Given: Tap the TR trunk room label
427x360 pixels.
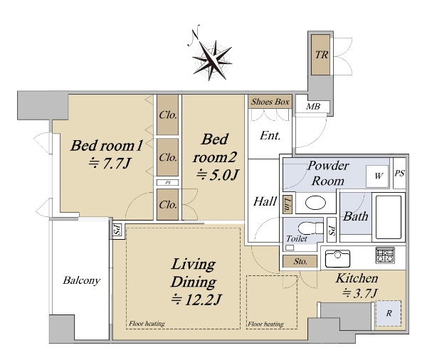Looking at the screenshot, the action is [x=322, y=55].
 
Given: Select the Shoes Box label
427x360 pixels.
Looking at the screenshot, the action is [x=270, y=102].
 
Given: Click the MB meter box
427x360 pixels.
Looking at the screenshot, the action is [x=312, y=106].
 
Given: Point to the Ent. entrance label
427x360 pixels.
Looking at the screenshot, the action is [x=270, y=136].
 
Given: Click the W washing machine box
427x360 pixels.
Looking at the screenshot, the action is [x=377, y=176].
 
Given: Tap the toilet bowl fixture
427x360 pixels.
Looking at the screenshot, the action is [x=310, y=228].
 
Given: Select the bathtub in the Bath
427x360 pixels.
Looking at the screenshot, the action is [x=389, y=217].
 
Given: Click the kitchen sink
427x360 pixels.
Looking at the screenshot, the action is [x=337, y=259].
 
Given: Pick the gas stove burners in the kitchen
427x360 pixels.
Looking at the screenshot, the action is [x=385, y=255].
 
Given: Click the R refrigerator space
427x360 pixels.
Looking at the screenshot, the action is [x=389, y=313].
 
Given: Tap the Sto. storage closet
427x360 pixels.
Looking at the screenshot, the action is [x=300, y=261].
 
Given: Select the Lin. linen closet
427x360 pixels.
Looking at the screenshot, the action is [x=288, y=204].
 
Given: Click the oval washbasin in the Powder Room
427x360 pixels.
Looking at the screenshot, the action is [x=315, y=203].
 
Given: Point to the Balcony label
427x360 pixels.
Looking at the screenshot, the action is [x=81, y=280].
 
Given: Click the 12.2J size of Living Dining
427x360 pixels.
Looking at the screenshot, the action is [x=196, y=300].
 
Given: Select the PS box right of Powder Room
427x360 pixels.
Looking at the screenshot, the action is [x=399, y=173].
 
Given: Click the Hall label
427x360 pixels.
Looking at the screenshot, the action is [x=265, y=202].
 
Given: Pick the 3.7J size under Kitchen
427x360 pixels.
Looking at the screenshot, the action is [x=360, y=293].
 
